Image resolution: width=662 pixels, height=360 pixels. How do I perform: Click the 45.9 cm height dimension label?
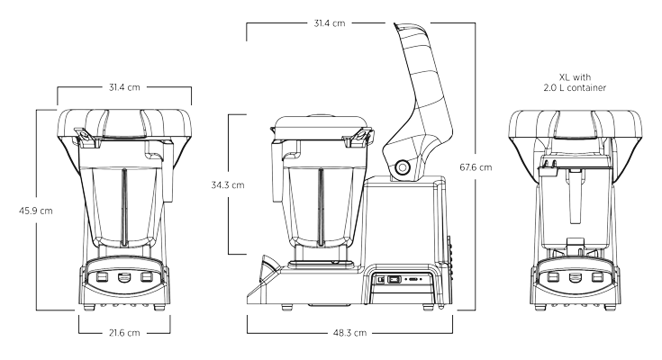click(x=35, y=211)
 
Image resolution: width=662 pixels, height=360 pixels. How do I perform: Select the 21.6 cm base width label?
click(x=124, y=333)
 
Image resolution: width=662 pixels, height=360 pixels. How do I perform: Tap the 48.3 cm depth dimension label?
click(x=349, y=333)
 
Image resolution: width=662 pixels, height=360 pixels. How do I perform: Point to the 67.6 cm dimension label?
click(x=476, y=167)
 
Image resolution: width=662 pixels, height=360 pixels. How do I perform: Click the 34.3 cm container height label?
click(x=228, y=184)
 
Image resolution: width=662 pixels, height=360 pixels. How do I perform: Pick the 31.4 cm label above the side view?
click(x=330, y=23)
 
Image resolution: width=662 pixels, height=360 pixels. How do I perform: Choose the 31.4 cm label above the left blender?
click(x=124, y=87)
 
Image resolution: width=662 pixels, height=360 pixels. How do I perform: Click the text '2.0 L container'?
click(x=575, y=88)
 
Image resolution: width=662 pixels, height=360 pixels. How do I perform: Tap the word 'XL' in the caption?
click(x=564, y=77)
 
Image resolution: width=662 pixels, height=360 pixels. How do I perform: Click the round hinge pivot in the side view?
click(x=403, y=167)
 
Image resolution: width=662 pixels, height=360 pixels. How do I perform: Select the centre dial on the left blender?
click(x=123, y=277)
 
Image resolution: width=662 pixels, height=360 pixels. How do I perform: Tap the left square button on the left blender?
click(x=102, y=277)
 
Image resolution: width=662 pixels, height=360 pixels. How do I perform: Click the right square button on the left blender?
click(x=146, y=277)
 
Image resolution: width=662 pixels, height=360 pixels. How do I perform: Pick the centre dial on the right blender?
click(x=575, y=277)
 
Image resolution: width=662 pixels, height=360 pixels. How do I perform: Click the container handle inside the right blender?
click(x=575, y=194)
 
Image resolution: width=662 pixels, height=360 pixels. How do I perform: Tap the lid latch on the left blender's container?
click(x=86, y=138)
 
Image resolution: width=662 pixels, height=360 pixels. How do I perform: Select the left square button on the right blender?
click(x=553, y=277)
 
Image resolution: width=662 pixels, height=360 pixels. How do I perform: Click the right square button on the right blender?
click(x=596, y=277)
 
